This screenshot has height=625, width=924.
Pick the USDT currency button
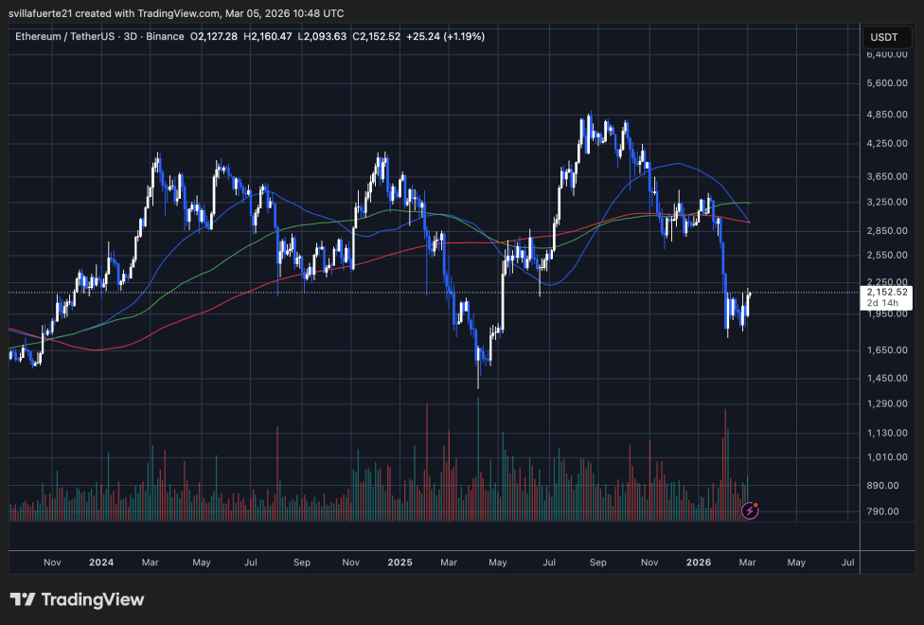[x=882, y=37]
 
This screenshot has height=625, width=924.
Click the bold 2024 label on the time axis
[x=101, y=562]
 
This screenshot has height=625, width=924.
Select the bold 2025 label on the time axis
[x=400, y=562]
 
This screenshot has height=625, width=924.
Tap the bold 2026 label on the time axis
[x=699, y=562]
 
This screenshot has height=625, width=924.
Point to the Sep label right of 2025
[x=598, y=562]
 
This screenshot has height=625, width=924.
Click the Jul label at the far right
[x=847, y=562]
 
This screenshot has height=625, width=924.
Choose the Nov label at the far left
[x=52, y=562]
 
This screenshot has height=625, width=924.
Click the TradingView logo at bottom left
[x=78, y=599]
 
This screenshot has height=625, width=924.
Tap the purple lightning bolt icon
[x=750, y=510]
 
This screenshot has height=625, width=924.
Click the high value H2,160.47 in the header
[x=269, y=37]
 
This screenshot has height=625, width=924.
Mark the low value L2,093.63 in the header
[x=323, y=37]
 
